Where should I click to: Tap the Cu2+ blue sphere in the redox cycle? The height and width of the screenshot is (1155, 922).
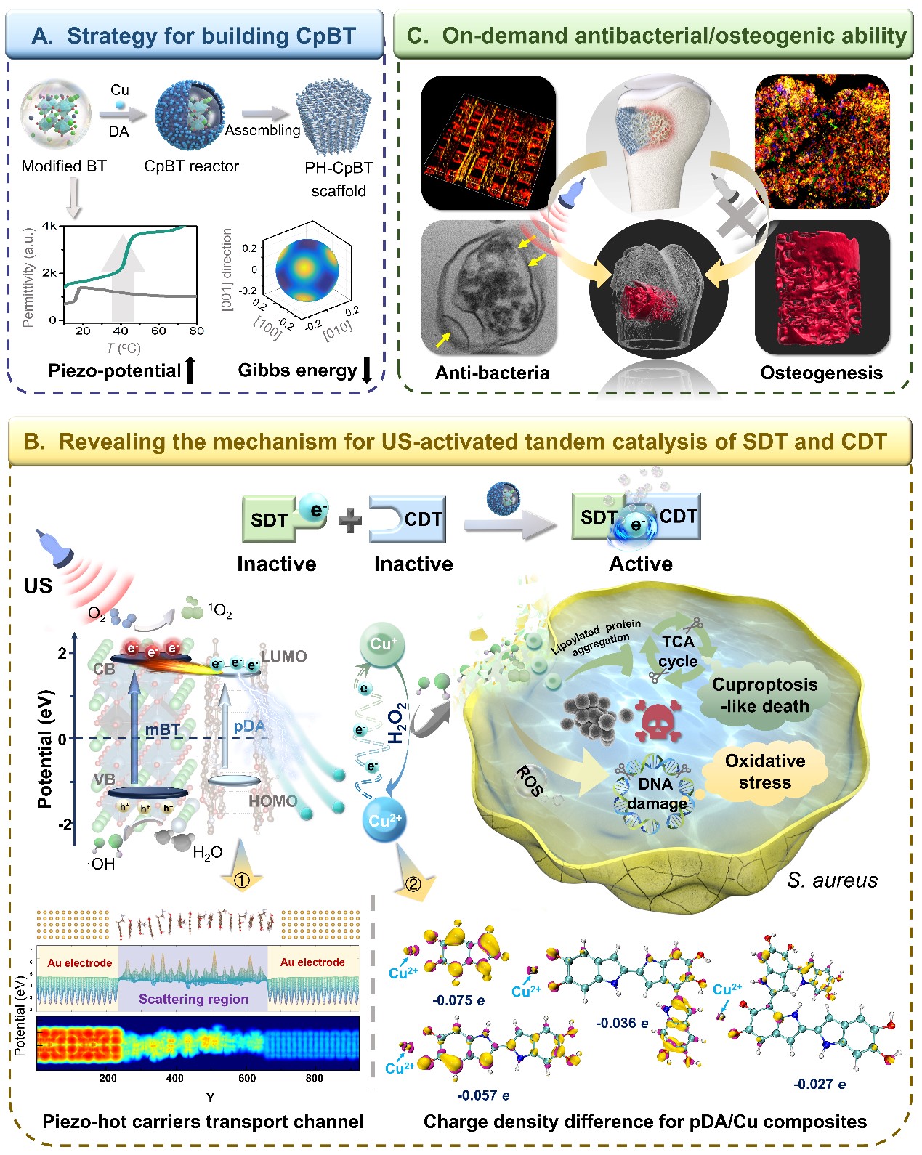pyautogui.click(x=384, y=820)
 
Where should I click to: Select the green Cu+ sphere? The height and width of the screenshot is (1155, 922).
pyautogui.click(x=382, y=645)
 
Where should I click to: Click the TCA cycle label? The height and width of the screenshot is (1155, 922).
pyautogui.click(x=678, y=651)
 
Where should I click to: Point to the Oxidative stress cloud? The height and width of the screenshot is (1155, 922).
pyautogui.click(x=765, y=771)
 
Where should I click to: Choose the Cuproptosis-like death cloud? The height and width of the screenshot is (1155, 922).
pyautogui.click(x=764, y=695)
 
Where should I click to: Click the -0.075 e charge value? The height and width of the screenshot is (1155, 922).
pyautogui.click(x=458, y=1000)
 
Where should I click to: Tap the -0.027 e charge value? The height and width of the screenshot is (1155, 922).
pyautogui.click(x=819, y=1084)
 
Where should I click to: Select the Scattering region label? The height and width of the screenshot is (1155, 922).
pyautogui.click(x=193, y=999)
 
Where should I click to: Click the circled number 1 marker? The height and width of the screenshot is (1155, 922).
pyautogui.click(x=242, y=880)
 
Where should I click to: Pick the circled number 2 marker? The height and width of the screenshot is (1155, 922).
pyautogui.click(x=413, y=884)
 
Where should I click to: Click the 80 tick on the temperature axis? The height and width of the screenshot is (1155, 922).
pyautogui.click(x=196, y=331)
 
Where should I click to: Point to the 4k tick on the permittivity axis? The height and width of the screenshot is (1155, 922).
pyautogui.click(x=49, y=226)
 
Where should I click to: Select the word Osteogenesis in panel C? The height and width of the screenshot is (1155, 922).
pyautogui.click(x=821, y=373)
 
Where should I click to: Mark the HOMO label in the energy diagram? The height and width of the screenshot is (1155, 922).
pyautogui.click(x=272, y=801)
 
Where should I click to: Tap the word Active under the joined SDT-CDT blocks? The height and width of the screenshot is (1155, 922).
pyautogui.click(x=640, y=564)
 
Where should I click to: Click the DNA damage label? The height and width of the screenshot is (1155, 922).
pyautogui.click(x=656, y=793)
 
